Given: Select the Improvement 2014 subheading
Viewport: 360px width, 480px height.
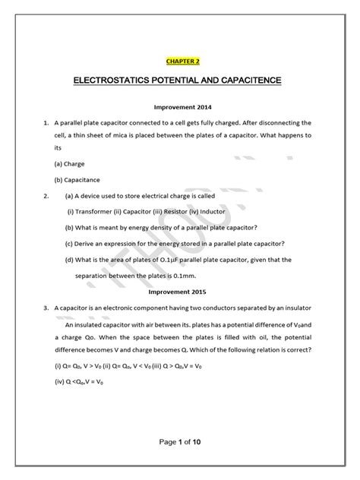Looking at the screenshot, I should click(180, 107).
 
